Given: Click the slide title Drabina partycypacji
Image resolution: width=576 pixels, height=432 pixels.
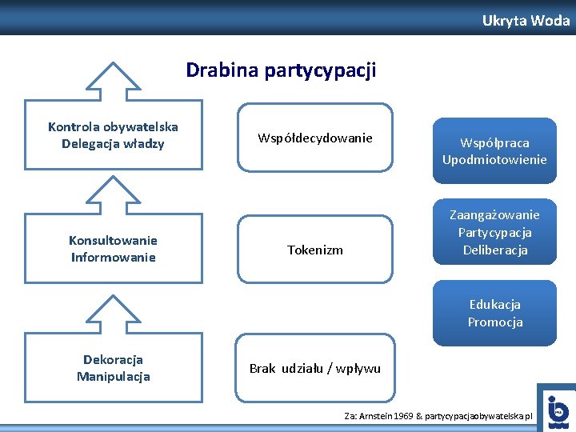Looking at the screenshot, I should click(x=281, y=70).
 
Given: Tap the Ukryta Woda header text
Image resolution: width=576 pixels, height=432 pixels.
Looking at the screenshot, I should click(x=526, y=21).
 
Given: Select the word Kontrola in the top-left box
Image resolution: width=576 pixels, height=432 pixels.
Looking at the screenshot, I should click(x=74, y=126).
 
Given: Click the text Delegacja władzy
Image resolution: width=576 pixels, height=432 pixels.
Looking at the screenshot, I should click(x=113, y=144).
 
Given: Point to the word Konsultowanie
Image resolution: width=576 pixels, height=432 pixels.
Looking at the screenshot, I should click(x=113, y=240).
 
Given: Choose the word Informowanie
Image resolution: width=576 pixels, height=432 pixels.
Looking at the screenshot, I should click(x=113, y=258).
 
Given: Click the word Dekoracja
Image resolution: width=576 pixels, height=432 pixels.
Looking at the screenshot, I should click(x=113, y=359).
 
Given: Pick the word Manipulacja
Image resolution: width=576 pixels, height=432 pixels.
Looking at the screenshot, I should click(x=113, y=377).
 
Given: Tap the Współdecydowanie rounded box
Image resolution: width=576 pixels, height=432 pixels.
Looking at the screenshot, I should click(x=315, y=138).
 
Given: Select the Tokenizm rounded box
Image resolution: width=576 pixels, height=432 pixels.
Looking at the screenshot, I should click(x=315, y=250).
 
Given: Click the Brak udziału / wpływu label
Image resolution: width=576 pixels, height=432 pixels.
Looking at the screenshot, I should click(x=315, y=369).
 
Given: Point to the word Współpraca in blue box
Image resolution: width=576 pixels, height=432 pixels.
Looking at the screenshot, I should click(x=494, y=142).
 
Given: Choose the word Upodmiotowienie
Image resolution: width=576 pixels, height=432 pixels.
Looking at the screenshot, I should click(x=494, y=159).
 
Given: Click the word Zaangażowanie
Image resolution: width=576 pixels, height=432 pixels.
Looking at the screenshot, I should click(x=494, y=214).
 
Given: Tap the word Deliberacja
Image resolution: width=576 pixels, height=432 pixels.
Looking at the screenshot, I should click(x=494, y=250).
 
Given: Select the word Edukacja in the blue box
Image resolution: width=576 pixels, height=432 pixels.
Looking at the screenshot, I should click(x=494, y=304).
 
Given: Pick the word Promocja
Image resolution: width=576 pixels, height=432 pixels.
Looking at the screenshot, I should click(x=494, y=322).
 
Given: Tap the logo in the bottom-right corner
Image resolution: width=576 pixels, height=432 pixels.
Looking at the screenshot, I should click(x=557, y=410).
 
